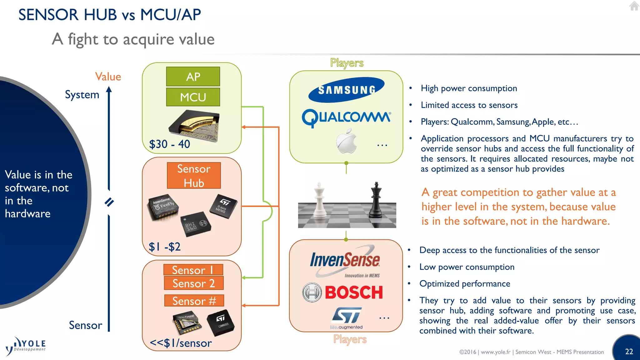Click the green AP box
pos(193,77)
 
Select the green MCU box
pos(193,97)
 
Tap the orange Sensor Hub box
pos(194,176)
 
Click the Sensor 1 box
pos(193,270)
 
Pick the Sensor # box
pos(194,301)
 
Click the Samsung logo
pos(346,90)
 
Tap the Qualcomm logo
pos(346,118)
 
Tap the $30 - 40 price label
pos(169,144)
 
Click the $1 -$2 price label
pos(164,247)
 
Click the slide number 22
pos(629,352)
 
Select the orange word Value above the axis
pos(108,77)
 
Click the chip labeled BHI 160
pos(195,223)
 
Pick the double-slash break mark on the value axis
pos(109,202)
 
